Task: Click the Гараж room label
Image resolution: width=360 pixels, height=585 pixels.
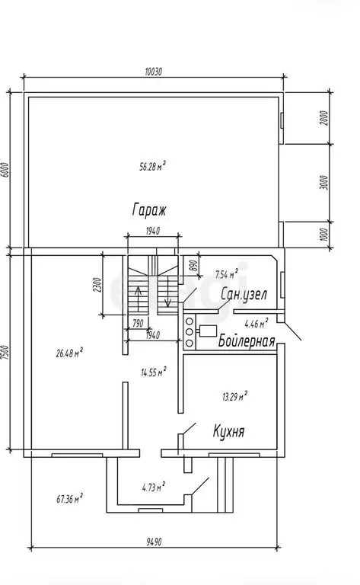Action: click(x=148, y=209)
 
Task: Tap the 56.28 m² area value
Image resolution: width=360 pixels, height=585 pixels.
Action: click(x=152, y=166)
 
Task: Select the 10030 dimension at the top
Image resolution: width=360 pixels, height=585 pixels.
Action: click(x=153, y=72)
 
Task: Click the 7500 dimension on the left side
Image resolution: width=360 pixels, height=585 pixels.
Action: click(x=5, y=353)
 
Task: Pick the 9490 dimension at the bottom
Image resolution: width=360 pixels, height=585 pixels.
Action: click(x=154, y=542)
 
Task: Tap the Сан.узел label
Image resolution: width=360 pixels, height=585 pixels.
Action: click(x=244, y=294)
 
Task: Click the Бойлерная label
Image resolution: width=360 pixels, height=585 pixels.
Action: click(x=247, y=341)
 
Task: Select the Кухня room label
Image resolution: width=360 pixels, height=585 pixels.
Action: click(x=229, y=431)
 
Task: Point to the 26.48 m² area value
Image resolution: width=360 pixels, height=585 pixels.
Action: click(x=69, y=353)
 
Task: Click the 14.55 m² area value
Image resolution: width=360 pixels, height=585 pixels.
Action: click(x=154, y=372)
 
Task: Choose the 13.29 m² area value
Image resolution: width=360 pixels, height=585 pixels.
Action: click(x=234, y=396)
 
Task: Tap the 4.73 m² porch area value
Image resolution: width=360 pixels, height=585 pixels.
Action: click(x=154, y=487)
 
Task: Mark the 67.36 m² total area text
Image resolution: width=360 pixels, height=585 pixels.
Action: click(x=70, y=498)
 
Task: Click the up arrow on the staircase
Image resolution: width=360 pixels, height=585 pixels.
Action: click(x=138, y=299)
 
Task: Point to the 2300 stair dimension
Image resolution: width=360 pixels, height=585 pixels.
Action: click(x=97, y=285)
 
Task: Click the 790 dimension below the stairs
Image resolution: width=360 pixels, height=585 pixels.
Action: click(x=138, y=323)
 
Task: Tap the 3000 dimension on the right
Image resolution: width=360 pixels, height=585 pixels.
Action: click(x=325, y=183)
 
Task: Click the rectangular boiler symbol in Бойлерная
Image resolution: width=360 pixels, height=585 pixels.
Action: click(x=209, y=331)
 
